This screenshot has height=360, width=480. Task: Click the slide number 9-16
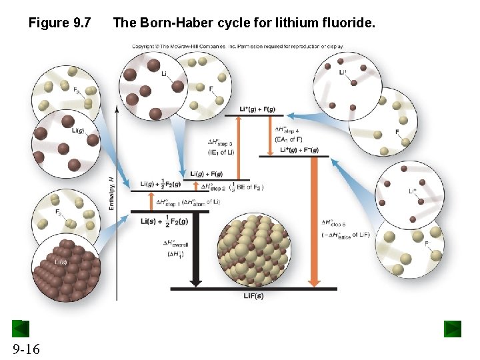pos(25,349)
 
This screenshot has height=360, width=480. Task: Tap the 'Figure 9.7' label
pos(59,24)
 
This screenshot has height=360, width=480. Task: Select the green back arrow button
pos(21,329)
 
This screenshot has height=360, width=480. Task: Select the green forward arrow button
pos(453,329)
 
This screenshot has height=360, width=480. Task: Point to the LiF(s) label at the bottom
pos(253,295)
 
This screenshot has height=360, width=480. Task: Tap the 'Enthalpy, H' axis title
pos(111,193)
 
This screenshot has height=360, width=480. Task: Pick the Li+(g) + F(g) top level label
pos(257,109)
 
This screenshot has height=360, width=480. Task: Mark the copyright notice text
pos(238,47)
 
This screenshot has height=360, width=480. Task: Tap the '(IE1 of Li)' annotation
pos(221,152)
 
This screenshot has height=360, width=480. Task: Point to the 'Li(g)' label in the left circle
pos(77,131)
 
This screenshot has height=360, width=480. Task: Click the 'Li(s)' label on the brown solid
pos(61,261)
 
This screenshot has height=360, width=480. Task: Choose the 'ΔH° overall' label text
pos(177,244)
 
